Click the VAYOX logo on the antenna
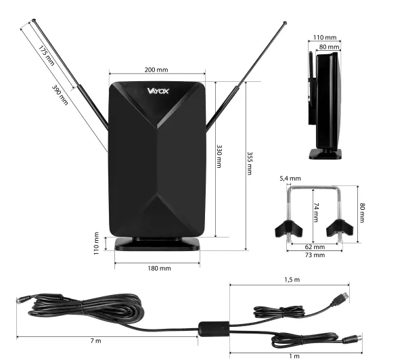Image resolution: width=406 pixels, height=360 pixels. click(x=158, y=91)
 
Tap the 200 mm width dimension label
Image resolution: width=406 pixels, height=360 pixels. click(x=156, y=70)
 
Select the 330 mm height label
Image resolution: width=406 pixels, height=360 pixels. click(x=219, y=156)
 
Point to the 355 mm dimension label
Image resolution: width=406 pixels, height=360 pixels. click(x=249, y=164)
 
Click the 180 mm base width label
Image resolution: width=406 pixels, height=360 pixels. click(x=159, y=269)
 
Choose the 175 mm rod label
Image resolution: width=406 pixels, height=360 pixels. click(x=47, y=55)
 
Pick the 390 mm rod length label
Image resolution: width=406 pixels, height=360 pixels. click(x=60, y=95)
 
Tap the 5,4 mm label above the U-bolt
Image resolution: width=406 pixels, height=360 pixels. click(x=290, y=179)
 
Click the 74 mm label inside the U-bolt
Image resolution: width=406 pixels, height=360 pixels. click(x=316, y=212)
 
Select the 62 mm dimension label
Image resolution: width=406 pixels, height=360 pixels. click(x=315, y=247)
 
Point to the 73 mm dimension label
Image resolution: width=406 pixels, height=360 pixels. click(x=315, y=255)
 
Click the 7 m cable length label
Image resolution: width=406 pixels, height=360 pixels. click(x=96, y=341)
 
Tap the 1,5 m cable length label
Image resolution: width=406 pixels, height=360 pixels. click(x=292, y=279)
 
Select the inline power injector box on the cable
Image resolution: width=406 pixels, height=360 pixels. click(x=214, y=329)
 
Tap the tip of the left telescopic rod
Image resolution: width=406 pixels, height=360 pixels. click(x=34, y=20)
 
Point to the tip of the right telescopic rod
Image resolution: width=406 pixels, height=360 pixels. click(x=285, y=23)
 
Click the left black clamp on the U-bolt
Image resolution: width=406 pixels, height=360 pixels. click(x=288, y=228)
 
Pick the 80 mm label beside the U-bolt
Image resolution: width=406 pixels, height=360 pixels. click(x=362, y=213)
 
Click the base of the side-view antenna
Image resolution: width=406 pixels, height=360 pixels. click(x=325, y=154)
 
